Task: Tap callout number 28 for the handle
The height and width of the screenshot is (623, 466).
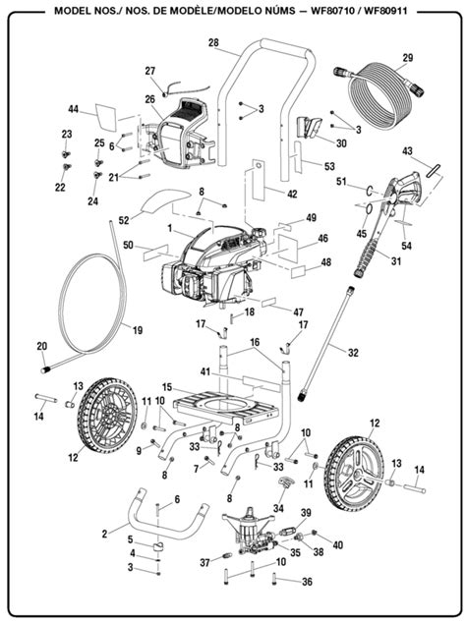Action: pos(213,42)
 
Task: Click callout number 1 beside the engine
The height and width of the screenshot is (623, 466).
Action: pos(170,228)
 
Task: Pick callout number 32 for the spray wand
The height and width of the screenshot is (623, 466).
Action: pos(353,353)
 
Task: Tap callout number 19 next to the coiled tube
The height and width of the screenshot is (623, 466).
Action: pos(138,329)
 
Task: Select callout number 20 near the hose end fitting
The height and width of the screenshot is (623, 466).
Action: pos(41,346)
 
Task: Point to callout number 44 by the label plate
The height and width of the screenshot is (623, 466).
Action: pos(73,109)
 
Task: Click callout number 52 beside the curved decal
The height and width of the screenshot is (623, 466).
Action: pos(124,219)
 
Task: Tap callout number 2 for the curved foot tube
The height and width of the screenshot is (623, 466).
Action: pos(104,534)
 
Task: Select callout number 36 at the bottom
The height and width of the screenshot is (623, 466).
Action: pos(307,582)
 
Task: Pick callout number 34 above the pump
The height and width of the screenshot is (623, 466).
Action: pos(278,508)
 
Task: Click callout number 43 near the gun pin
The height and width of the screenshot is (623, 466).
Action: pos(407,151)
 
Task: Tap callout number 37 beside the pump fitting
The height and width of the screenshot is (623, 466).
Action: pos(204,562)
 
